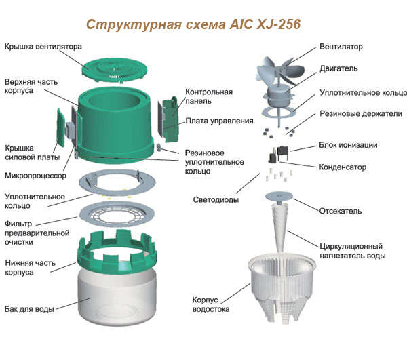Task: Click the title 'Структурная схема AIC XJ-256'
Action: coord(193,24)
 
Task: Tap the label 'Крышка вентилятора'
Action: coord(43,47)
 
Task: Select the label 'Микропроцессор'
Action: coord(35,176)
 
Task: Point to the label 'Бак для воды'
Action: coord(29,309)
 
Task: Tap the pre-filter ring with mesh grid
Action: coord(117,214)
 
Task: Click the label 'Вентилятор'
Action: coord(341,47)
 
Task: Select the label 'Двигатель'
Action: coord(338,68)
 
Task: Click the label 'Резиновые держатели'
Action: coord(361,114)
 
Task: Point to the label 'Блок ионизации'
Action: coord(348,145)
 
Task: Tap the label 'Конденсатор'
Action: coord(343,167)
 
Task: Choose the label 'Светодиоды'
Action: coord(216,200)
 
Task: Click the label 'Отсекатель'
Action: coord(341,211)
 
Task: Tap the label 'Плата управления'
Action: coord(219,121)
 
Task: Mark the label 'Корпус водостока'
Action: coord(211,304)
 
